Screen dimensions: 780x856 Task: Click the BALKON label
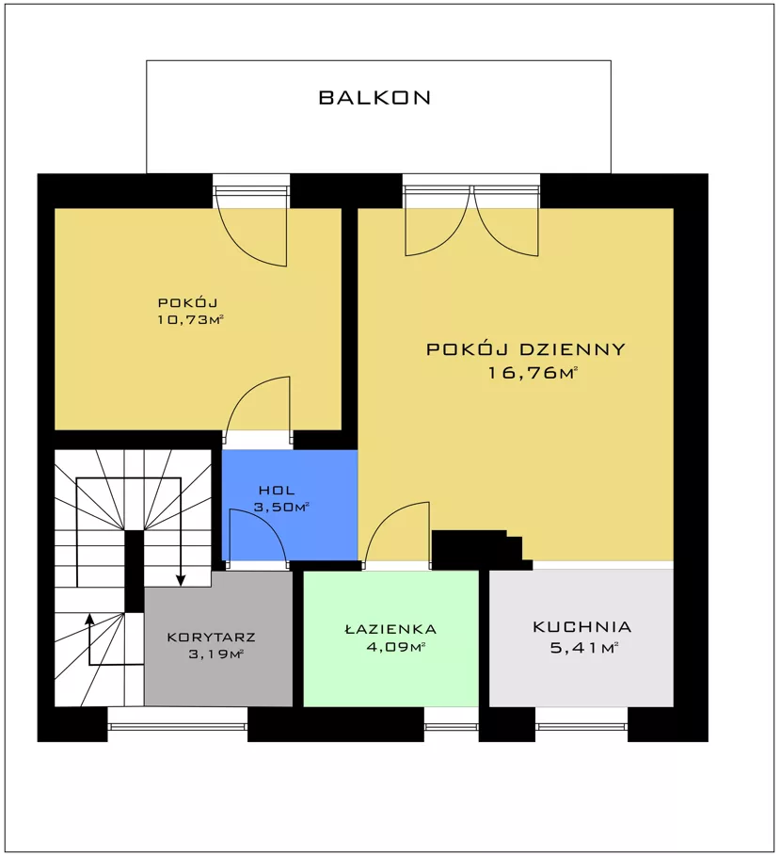pos(374,98)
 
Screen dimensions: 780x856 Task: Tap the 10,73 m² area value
pos(191,320)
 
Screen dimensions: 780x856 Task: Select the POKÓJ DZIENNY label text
pos(525,349)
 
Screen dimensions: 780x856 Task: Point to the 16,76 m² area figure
pos(533,374)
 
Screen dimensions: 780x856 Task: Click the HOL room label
pos(277,491)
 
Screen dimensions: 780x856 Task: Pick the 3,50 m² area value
pos(281,508)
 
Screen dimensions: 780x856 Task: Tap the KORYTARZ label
pos(211,638)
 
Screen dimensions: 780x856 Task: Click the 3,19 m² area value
pos(215,654)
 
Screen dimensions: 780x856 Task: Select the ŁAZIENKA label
pos(391,629)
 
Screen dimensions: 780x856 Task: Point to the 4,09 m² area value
pos(395,648)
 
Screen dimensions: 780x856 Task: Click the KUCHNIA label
pos(582,627)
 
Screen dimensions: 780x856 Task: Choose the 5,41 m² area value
pos(583,649)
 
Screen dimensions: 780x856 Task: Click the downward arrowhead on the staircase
pos(181,581)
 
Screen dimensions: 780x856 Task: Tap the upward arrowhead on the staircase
pos(88,619)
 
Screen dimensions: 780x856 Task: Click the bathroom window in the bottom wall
pos(451,726)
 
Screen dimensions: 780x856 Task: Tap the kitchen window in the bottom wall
pos(581,726)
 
